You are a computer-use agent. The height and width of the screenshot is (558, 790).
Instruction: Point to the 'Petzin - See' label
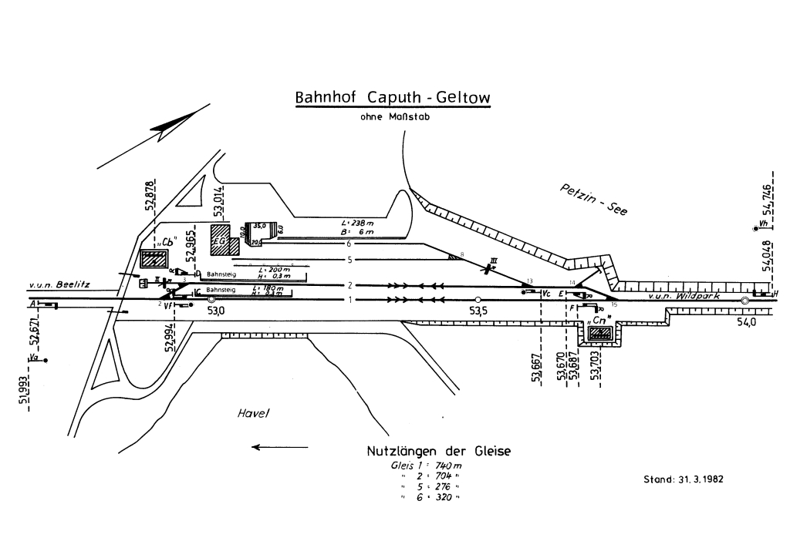(593, 198)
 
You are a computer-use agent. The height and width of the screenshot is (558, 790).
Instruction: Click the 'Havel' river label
(252, 414)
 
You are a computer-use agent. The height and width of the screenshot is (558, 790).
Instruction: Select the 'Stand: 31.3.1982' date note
(684, 479)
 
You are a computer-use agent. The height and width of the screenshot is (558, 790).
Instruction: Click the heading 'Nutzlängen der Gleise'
(438, 451)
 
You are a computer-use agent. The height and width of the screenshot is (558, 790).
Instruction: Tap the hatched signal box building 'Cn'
(600, 334)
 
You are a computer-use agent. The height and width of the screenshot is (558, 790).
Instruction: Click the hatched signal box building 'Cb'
(154, 259)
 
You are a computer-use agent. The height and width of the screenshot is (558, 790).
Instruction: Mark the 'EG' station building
(221, 238)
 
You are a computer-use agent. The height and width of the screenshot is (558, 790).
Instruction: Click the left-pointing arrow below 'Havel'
(279, 447)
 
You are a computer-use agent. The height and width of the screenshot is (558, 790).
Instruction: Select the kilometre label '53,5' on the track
(478, 310)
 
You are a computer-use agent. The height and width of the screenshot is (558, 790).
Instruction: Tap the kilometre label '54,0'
(745, 322)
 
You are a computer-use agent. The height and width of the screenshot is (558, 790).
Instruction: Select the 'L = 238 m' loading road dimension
(357, 224)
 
